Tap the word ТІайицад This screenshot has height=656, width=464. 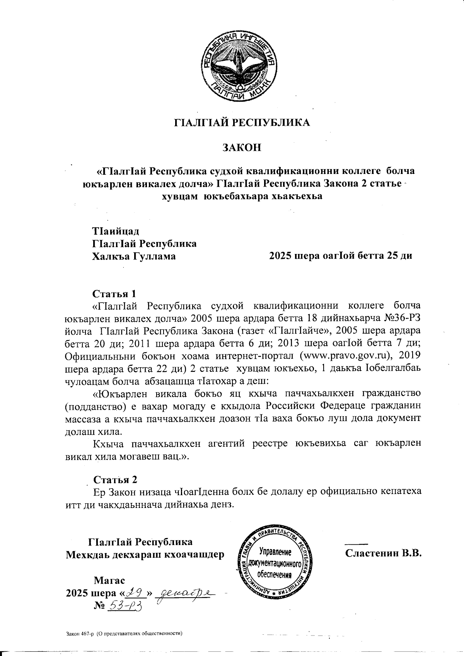(x=115, y=231)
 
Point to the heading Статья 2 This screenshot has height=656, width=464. (x=116, y=480)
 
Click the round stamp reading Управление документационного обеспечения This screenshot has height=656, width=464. (x=275, y=562)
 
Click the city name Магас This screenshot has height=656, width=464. (x=109, y=580)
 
